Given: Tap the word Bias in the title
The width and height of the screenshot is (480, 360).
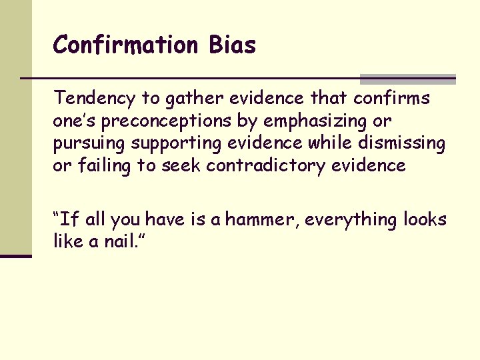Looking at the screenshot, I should pos(231,45).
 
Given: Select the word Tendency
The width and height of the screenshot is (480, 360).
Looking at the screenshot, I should pos(95,99).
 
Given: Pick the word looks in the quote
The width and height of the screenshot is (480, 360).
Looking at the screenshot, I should pos(425,219).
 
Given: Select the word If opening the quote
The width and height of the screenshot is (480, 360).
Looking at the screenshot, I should pos(69,219).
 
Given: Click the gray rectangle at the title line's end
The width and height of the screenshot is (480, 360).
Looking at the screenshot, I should pos(408,79).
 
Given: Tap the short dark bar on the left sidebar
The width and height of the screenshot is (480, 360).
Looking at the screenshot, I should pos(16,255).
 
